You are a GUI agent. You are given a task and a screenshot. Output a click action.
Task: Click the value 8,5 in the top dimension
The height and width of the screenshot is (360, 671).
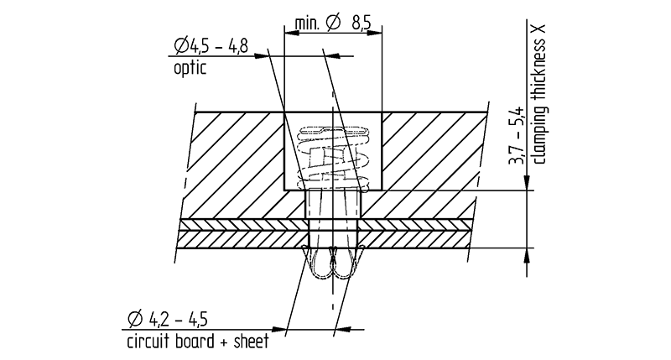coord(362,25)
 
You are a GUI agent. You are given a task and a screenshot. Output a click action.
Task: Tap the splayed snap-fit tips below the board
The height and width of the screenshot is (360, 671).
coord(334,266)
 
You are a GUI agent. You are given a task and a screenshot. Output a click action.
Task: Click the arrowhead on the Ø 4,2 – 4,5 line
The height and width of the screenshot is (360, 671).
coord(276,327)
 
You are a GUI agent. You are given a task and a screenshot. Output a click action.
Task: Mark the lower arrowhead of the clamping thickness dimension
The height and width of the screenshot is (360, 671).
coord(527,253)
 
